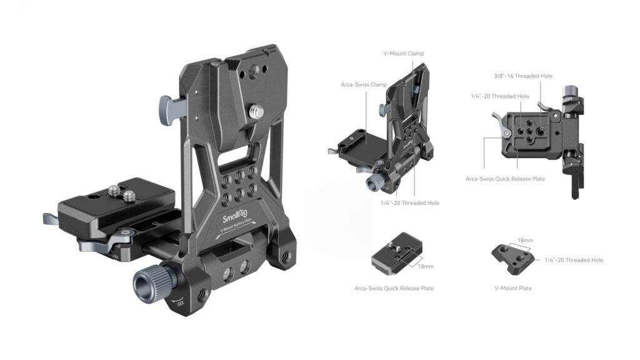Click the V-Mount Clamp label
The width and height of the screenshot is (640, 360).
[x=403, y=54]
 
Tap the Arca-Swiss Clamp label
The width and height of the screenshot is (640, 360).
[x=364, y=85]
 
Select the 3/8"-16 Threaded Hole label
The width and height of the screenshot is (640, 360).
[x=523, y=76]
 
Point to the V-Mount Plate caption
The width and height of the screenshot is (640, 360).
[x=513, y=288]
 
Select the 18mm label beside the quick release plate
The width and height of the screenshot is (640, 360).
[x=426, y=266]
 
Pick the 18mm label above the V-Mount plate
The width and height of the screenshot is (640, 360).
[x=525, y=241]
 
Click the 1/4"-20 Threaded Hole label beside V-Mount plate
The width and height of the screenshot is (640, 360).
[x=574, y=260]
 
